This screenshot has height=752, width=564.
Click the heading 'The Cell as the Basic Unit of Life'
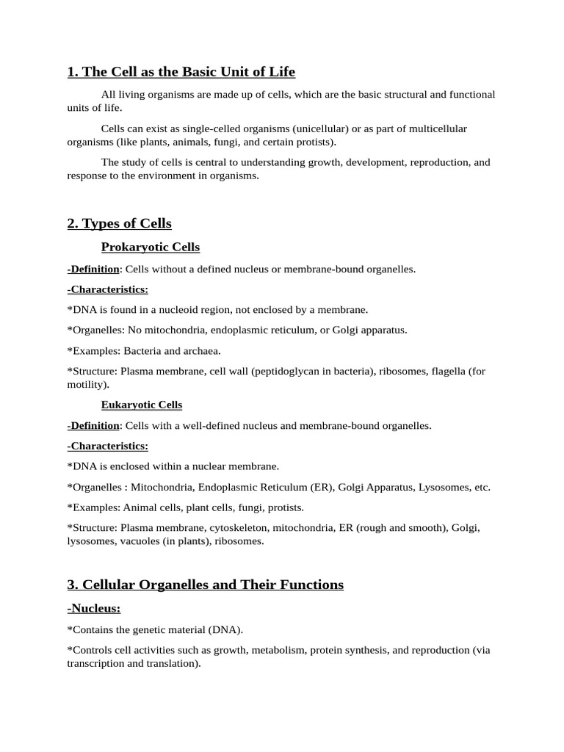[181, 71]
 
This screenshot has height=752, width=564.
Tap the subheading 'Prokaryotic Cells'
[150, 247]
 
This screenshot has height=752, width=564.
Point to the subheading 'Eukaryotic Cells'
[141, 405]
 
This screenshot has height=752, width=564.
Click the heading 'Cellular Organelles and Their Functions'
[205, 585]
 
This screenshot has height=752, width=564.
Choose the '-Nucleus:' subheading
[93, 608]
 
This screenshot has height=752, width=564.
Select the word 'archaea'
[201, 351]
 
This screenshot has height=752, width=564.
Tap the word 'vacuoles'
[134, 541]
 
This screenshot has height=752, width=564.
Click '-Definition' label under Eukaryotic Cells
[93, 425]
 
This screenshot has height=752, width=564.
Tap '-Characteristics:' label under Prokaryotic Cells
[107, 289]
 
